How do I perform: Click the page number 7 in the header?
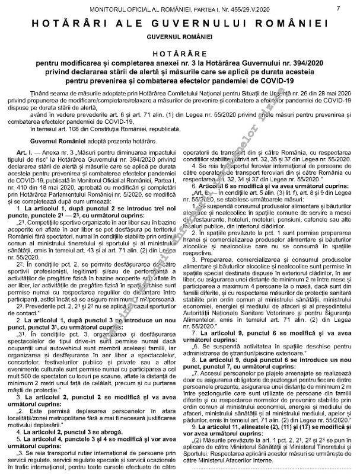coord(337,8)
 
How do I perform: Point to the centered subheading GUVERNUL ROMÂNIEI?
coord(179,37)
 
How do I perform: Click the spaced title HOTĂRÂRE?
coord(179,52)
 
